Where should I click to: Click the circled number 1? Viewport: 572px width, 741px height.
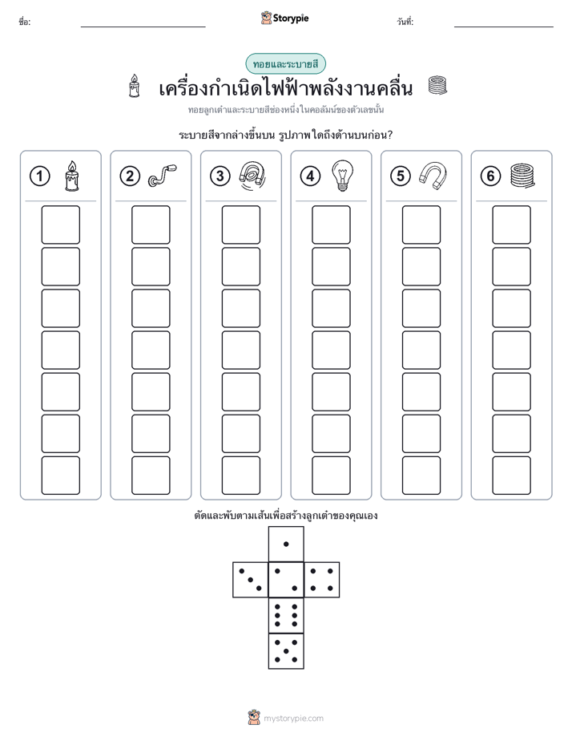39,176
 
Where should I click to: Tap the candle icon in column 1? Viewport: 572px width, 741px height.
72,176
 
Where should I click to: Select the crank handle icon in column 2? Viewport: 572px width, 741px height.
162,176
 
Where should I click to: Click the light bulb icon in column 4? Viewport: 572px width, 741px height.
343,176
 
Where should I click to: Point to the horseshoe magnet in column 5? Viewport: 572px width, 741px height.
433,176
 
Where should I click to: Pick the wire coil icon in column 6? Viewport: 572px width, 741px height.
522,176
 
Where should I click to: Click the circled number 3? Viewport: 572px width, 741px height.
220,176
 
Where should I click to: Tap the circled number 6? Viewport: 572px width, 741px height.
490,176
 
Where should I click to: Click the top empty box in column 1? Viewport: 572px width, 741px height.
60,225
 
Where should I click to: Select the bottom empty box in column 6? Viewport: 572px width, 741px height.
512,476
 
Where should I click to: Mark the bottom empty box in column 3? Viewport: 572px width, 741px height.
240,476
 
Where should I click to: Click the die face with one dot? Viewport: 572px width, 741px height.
286,544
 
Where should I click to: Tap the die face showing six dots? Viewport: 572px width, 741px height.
286,615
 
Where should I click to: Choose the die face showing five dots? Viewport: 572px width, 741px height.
286,651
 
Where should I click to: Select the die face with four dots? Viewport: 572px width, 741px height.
322,580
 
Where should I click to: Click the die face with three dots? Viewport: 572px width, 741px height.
250,580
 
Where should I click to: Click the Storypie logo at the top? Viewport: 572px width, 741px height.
284,18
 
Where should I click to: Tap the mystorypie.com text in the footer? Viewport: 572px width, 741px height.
293,719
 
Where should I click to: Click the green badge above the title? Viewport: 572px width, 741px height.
285,64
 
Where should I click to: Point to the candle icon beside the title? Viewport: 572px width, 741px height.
135,86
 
